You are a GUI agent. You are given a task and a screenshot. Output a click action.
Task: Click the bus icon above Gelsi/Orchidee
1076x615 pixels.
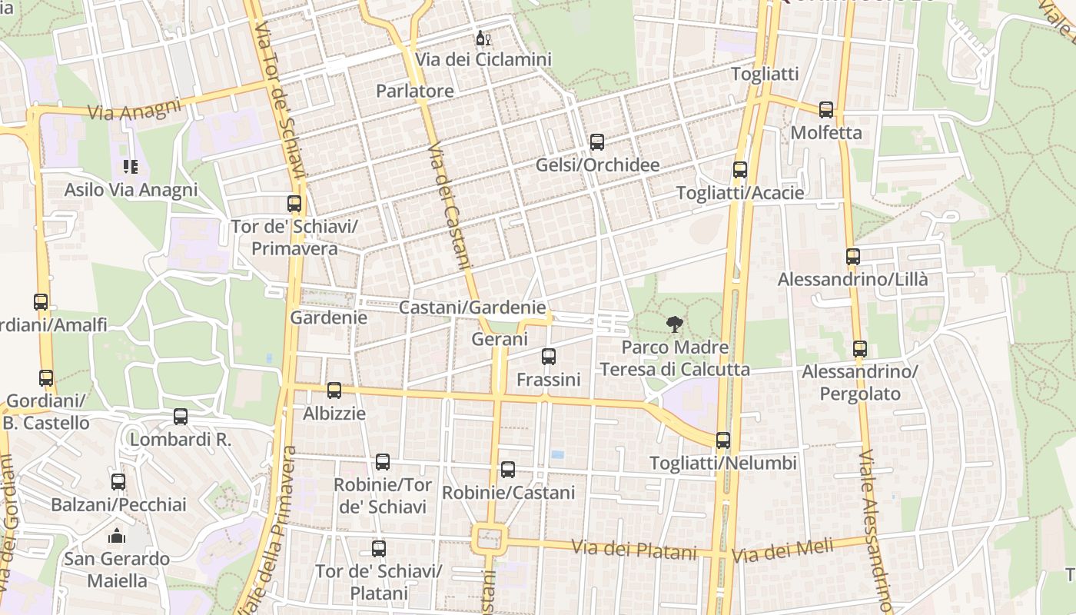pos(597,142)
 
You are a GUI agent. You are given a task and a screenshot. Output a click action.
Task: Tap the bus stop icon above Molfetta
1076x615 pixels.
pos(826,110)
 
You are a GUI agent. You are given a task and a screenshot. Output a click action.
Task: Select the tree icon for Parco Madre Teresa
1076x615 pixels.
pos(675,324)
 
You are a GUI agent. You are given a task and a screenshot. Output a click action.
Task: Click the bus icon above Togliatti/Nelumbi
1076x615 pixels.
pos(723,440)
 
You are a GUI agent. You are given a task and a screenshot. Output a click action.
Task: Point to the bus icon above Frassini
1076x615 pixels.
pos(548,357)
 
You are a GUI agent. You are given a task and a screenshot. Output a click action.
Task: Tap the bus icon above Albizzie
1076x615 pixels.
pos(334,391)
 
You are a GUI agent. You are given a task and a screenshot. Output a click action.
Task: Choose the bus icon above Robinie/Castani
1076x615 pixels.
pos(508,470)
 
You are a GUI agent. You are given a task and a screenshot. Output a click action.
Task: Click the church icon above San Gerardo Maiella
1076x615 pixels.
pos(117,536)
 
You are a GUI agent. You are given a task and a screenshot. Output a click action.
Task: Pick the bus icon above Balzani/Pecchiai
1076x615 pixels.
pos(118,482)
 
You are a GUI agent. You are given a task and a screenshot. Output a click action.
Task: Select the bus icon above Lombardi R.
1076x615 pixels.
pos(181,417)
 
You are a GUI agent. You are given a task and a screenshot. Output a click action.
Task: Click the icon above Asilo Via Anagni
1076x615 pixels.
pos(131,167)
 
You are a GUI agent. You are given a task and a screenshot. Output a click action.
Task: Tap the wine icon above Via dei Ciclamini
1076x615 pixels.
pos(483,38)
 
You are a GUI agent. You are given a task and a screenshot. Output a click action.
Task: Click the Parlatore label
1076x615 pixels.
pos(414,91)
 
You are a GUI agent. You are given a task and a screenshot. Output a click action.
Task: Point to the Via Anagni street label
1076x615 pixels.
pos(134,109)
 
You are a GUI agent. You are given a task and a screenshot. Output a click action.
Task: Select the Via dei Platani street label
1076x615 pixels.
pos(634,550)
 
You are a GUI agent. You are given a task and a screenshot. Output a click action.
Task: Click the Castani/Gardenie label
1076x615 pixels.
pos(472,307)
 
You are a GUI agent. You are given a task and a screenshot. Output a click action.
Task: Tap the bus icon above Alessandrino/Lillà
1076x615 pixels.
pos(852,257)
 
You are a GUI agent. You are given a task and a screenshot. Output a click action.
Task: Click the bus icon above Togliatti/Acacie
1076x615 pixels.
pos(740,171)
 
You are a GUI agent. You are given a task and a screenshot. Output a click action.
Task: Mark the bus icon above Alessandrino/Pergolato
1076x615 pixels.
pos(860,350)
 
